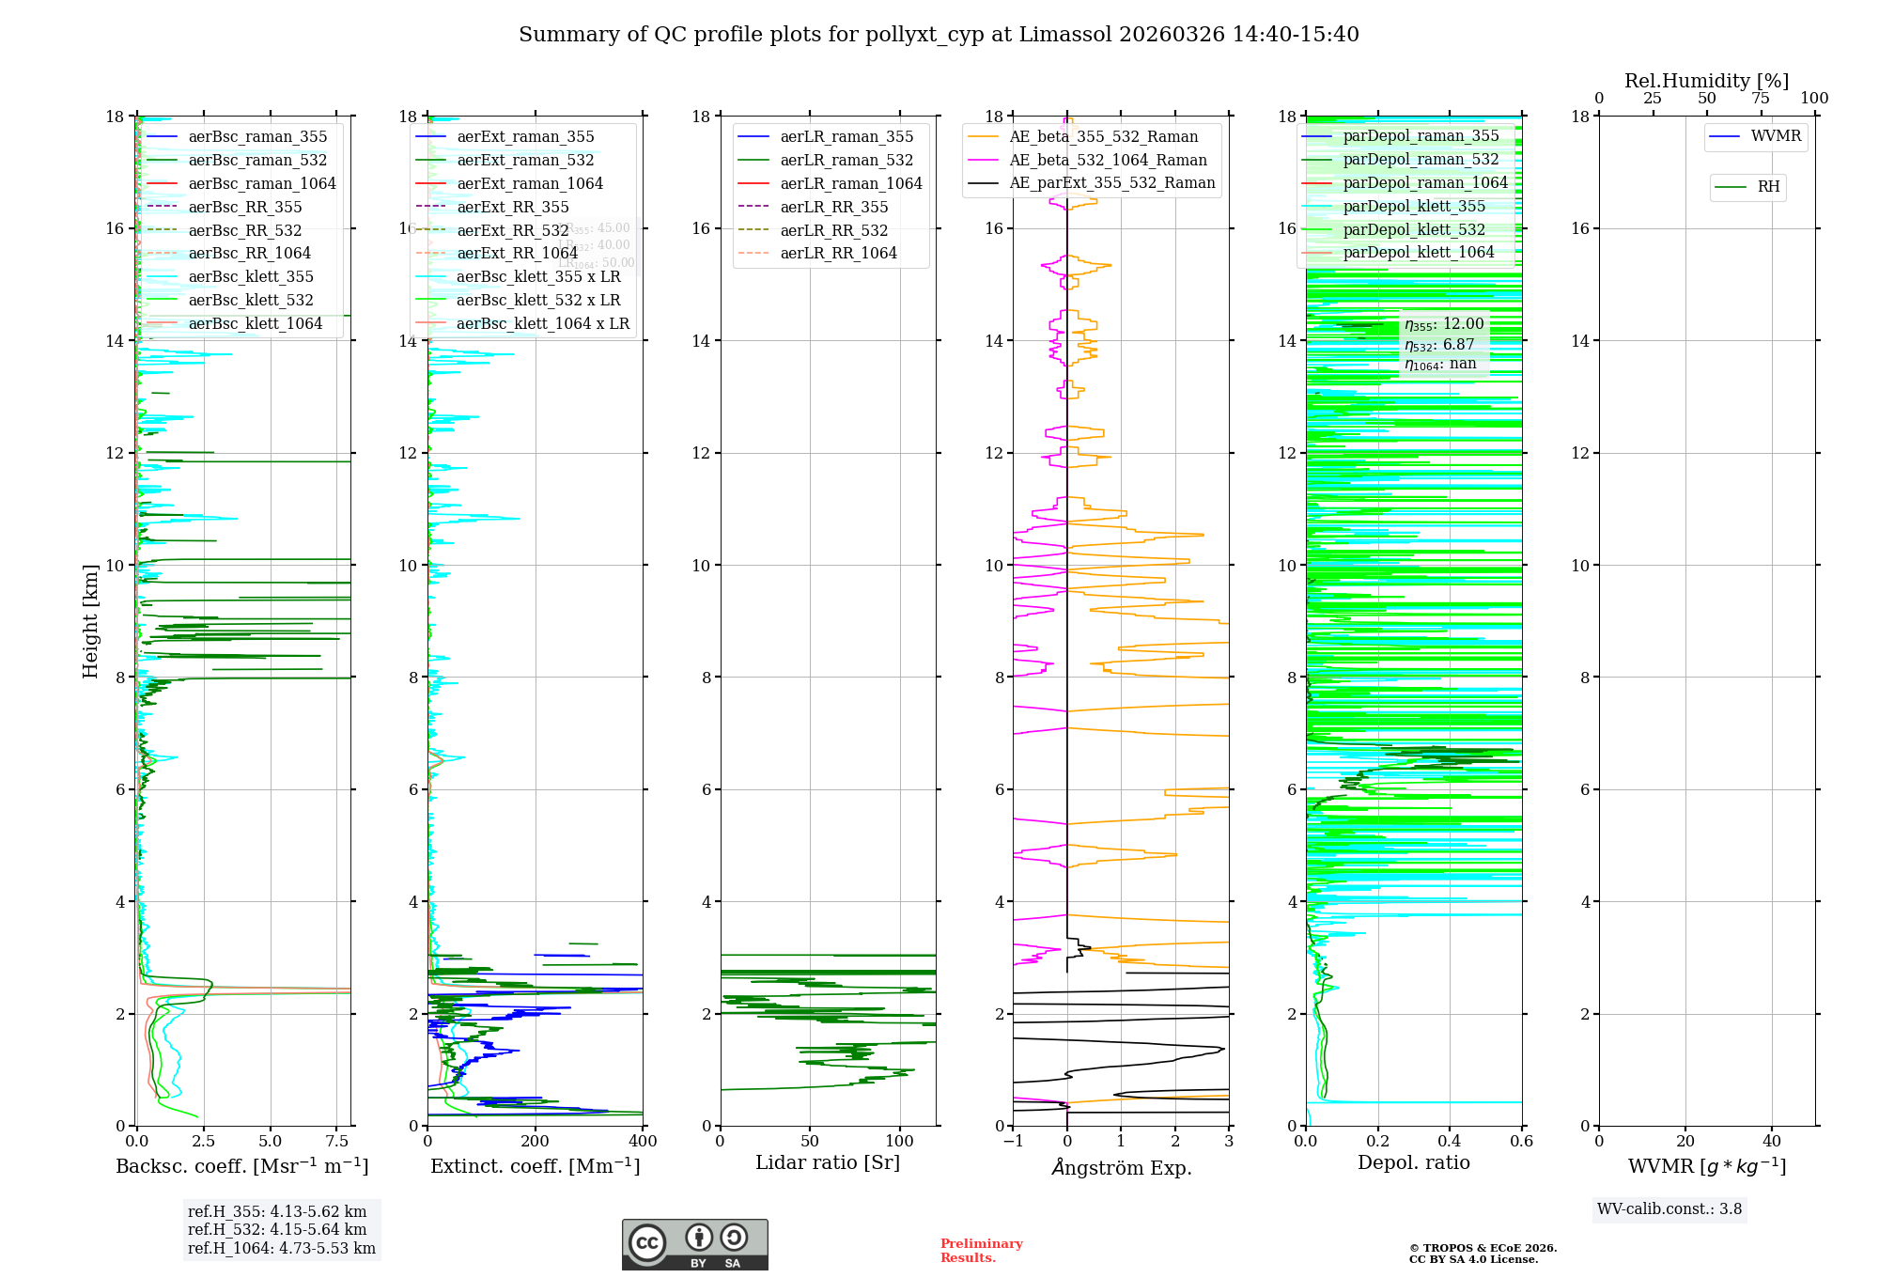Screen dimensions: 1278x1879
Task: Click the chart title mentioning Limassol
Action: click(x=939, y=35)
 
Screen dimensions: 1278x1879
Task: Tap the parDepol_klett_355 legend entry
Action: click(x=1414, y=207)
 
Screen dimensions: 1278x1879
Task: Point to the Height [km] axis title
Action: click(x=90, y=621)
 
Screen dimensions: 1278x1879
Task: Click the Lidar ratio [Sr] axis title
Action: click(x=828, y=1163)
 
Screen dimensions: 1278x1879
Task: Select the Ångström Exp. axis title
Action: click(x=1121, y=1168)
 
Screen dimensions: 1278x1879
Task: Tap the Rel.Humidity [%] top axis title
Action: click(x=1706, y=81)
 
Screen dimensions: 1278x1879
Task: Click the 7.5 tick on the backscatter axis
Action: click(x=337, y=1142)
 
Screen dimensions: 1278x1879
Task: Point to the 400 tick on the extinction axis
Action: click(x=643, y=1142)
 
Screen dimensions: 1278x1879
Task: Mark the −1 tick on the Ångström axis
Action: click(x=1013, y=1142)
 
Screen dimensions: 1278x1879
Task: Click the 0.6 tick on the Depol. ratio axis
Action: click(x=1521, y=1142)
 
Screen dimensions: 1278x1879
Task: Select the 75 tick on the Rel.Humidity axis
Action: click(x=1761, y=99)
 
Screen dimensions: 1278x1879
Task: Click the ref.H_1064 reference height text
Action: click(x=281, y=1249)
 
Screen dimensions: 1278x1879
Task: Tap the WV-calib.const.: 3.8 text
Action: click(x=1669, y=1209)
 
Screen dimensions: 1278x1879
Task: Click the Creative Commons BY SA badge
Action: click(x=694, y=1245)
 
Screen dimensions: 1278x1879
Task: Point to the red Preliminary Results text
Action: click(x=981, y=1251)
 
